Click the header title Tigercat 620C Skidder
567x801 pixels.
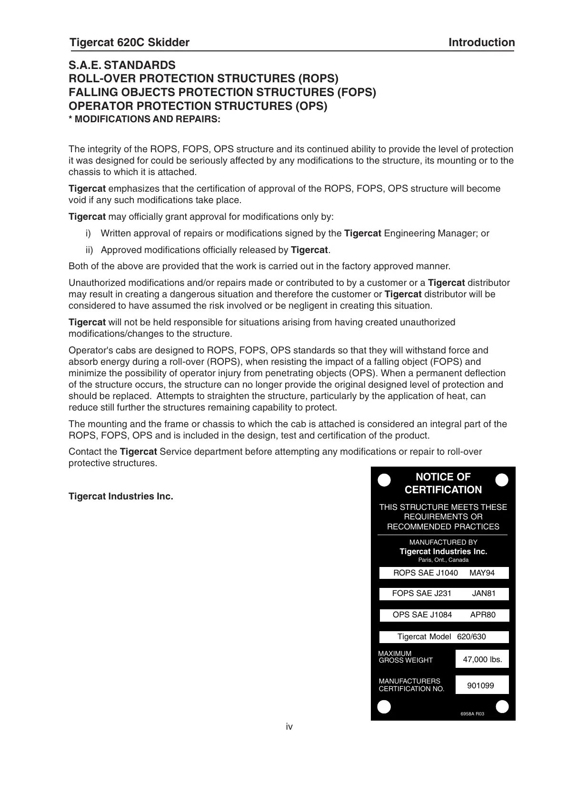pos(129,43)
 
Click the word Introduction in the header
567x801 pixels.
pos(481,43)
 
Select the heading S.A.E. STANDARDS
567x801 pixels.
pos(122,65)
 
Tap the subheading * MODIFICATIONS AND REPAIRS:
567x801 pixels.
pos(145,119)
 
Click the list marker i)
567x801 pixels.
pos(88,234)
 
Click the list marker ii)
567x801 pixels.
pos(89,250)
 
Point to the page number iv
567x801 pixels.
pos(289,726)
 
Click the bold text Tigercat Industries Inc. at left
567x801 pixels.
pos(121,497)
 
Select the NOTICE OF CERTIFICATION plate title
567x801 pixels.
pos(443,483)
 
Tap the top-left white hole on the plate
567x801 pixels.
pos(384,480)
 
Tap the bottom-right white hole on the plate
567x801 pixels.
pos(502,707)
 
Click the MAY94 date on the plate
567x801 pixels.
pos(482,573)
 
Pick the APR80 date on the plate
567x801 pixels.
pos(483,615)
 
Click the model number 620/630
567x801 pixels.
pos(471,637)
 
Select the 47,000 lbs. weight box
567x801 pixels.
pos(482,659)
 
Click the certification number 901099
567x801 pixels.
pos(480,685)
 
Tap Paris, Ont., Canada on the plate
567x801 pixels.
pos(443,560)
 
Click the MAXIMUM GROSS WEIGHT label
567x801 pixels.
pos(406,657)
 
